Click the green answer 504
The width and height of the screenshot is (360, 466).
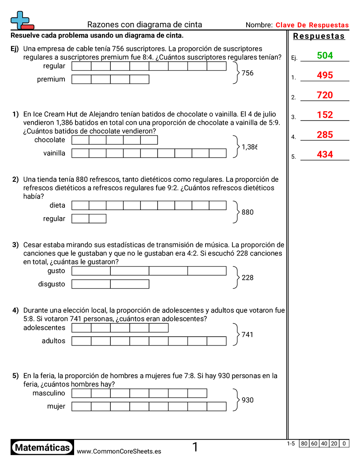pyautogui.click(x=325, y=56)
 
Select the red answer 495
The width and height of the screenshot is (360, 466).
pyautogui.click(x=325, y=75)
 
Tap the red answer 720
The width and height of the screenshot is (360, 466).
pyautogui.click(x=325, y=95)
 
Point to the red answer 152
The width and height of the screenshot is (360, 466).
pyautogui.click(x=325, y=115)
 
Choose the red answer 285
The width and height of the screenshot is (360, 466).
pyautogui.click(x=325, y=135)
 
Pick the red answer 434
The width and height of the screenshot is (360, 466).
pyautogui.click(x=325, y=155)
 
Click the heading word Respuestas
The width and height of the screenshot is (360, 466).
pyautogui.click(x=319, y=36)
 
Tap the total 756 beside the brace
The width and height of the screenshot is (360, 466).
pyautogui.click(x=247, y=73)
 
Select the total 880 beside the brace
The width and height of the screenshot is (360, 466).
pyautogui.click(x=247, y=212)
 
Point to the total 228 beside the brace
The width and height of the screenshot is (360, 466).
pyautogui.click(x=247, y=278)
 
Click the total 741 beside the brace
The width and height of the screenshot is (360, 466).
pyautogui.click(x=247, y=334)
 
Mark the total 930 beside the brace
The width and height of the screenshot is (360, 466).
pyautogui.click(x=247, y=400)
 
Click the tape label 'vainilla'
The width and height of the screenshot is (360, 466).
pyautogui.click(x=54, y=153)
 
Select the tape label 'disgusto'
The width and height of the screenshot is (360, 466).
pyautogui.click(x=52, y=284)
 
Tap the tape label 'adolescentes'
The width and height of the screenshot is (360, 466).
pyautogui.click(x=44, y=328)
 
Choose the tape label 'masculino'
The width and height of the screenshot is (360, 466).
pyautogui.click(x=49, y=393)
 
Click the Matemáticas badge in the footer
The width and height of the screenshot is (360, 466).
pyautogui.click(x=42, y=448)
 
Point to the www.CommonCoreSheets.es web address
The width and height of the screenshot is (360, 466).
pyautogui.click(x=119, y=451)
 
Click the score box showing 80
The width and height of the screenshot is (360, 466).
pyautogui.click(x=304, y=443)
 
